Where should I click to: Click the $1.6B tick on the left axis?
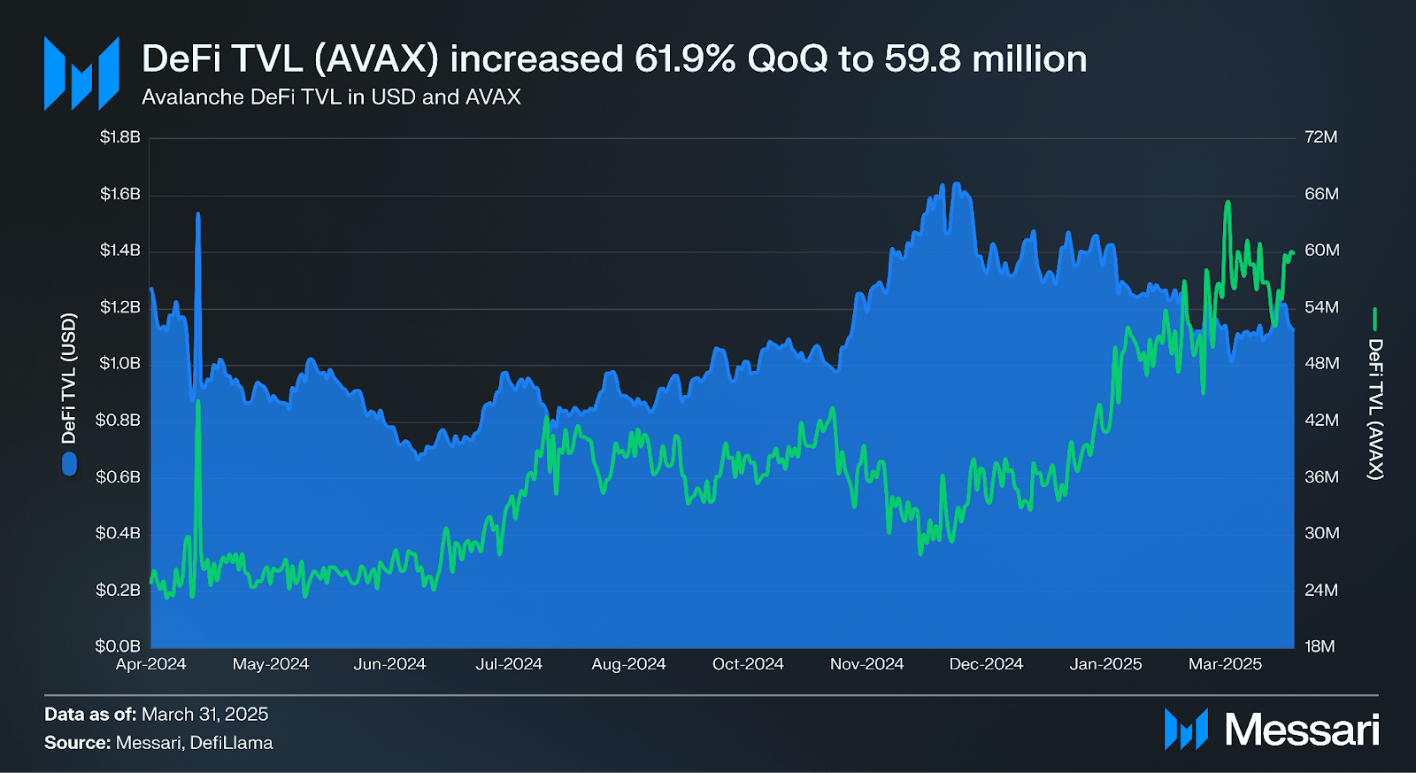tap(119, 194)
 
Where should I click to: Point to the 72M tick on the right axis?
tap(1320, 137)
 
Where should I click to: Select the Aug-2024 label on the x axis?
tap(628, 664)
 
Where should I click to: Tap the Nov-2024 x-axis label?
tap(866, 664)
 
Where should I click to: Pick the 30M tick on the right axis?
tap(1321, 533)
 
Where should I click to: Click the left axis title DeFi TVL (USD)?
tap(69, 378)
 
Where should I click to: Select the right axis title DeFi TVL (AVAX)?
tap(1375, 409)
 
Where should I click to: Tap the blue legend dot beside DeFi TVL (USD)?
tap(69, 463)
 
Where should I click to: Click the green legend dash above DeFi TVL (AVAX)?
tap(1375, 319)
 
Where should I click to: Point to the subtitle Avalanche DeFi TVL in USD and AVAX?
tap(331, 97)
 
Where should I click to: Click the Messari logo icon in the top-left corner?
tap(81, 73)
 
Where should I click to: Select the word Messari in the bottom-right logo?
tap(1301, 730)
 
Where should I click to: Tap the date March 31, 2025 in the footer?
tap(204, 715)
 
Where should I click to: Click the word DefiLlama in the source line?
tap(231, 743)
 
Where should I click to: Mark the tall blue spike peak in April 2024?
tap(197, 213)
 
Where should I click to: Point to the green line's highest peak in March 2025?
tap(1227, 203)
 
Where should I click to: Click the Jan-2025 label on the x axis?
tap(1105, 664)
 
